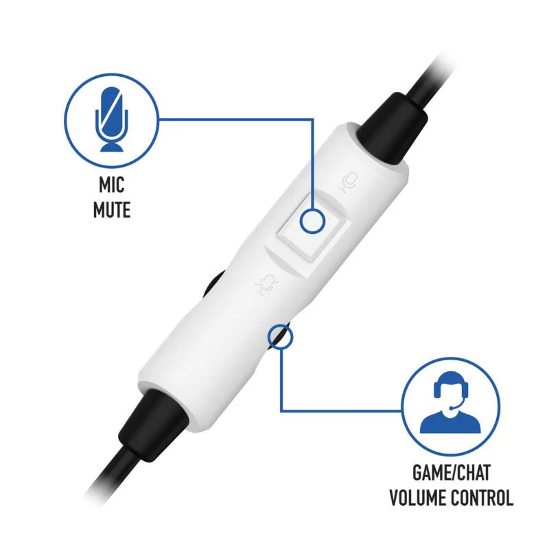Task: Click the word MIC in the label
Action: coord(112,185)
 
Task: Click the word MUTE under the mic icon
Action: coord(112,210)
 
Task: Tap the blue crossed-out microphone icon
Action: coord(112,119)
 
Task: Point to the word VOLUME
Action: coord(418,498)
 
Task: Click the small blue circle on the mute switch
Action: coord(313,221)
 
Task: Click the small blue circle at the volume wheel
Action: coord(280,337)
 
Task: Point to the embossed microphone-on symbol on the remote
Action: coord(349,182)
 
